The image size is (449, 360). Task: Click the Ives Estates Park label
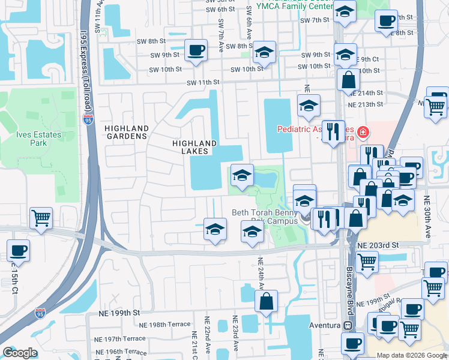tap(40, 139)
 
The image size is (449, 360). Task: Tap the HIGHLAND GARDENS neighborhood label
tap(126, 132)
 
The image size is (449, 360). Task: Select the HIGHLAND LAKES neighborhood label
tap(194, 147)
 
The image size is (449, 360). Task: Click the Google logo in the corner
tap(19, 353)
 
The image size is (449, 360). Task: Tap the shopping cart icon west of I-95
tap(41, 217)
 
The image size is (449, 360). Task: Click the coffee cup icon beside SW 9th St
tap(196, 50)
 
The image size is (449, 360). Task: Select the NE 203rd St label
tap(378, 246)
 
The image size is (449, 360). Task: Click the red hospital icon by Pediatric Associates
tap(362, 131)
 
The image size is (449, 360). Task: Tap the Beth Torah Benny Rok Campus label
tap(265, 217)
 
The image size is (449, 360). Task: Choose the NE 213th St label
tap(366, 104)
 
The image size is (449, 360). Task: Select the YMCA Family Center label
tap(294, 5)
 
